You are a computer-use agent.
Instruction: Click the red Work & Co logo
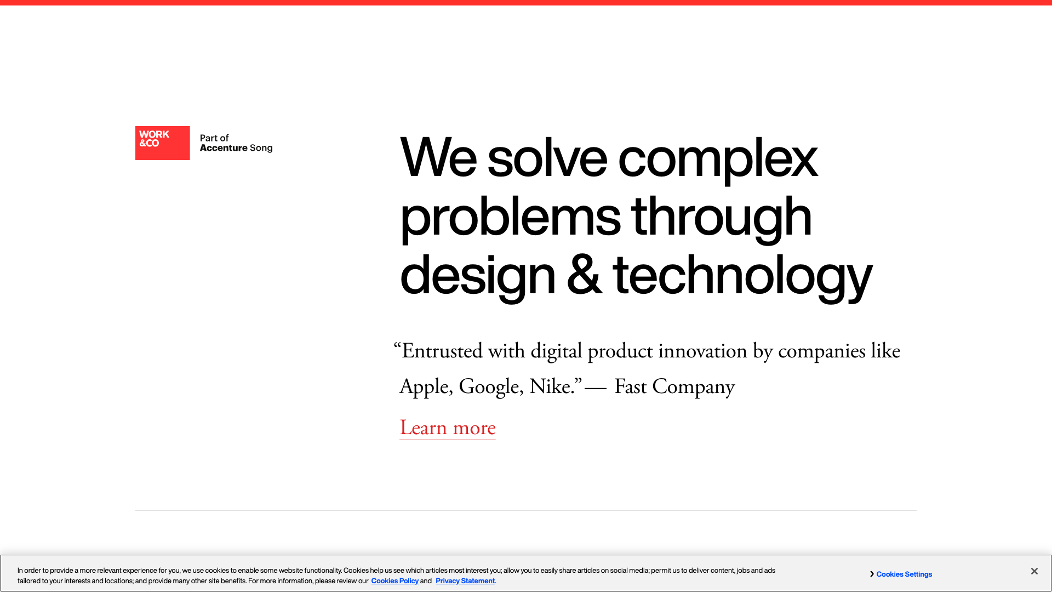(x=162, y=143)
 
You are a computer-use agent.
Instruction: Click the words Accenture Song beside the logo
(x=236, y=148)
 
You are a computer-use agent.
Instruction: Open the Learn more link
(x=448, y=428)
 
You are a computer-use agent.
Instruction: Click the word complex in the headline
(x=718, y=158)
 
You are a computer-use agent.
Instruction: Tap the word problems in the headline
(x=510, y=218)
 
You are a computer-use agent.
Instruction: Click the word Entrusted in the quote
(x=442, y=351)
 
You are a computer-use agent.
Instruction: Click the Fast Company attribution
(x=674, y=387)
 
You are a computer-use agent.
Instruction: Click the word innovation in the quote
(x=702, y=351)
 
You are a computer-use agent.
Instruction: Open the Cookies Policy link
(x=395, y=581)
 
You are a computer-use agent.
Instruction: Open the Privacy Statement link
(x=465, y=581)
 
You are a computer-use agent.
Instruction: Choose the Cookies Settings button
(x=904, y=574)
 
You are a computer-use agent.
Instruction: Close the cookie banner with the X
(x=1034, y=571)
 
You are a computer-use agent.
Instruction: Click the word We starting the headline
(x=438, y=158)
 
